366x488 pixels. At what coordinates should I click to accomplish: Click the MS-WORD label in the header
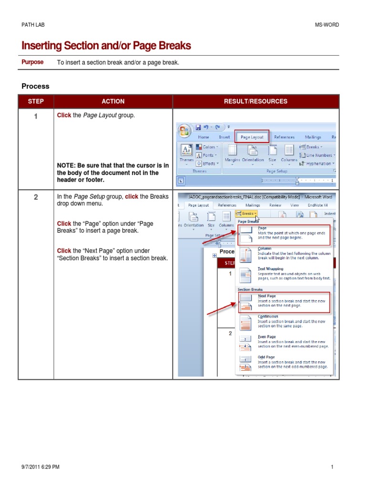coord(327,25)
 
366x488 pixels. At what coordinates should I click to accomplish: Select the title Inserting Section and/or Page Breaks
coord(106,46)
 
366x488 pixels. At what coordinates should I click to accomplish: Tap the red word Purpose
coord(32,62)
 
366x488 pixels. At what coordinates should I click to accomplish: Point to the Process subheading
coord(35,86)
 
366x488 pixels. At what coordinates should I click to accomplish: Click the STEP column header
coord(36,102)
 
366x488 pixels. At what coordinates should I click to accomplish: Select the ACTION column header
coord(113,102)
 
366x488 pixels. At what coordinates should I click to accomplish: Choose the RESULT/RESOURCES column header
coord(256,102)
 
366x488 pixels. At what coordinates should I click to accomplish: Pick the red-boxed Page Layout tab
coord(252,137)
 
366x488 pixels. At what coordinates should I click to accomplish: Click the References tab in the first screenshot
coord(284,137)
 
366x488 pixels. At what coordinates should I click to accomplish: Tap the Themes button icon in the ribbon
coord(186,152)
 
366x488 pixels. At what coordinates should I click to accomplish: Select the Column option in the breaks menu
coord(264,248)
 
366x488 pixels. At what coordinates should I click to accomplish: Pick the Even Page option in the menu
coord(266,337)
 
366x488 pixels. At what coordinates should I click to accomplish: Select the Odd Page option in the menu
coord(266,357)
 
